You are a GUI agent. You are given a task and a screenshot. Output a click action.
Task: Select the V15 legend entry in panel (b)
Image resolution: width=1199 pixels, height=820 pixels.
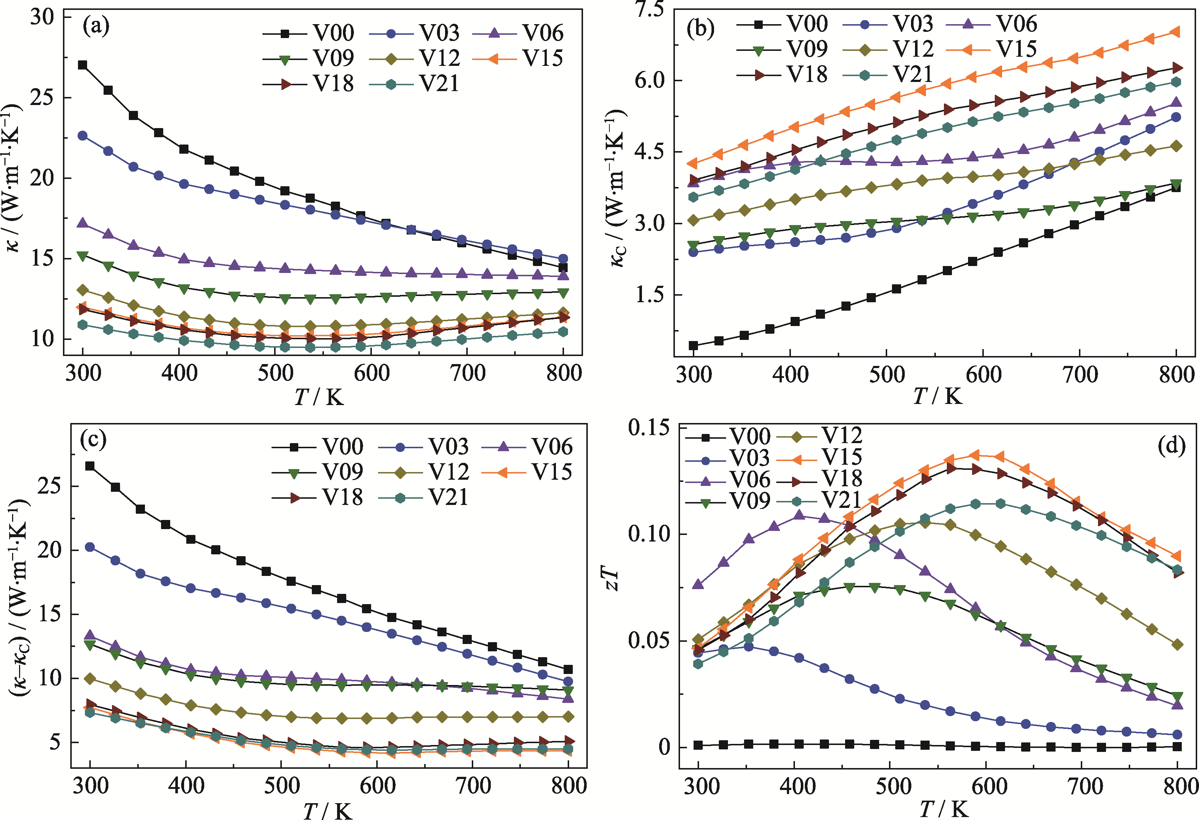point(991,49)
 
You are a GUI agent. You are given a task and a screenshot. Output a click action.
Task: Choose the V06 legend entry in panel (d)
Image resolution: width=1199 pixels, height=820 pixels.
point(728,480)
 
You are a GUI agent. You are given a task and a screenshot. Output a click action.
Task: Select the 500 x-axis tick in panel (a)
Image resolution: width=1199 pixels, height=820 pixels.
point(276,373)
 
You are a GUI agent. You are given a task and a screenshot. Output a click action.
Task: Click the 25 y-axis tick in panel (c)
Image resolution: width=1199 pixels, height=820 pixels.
point(49,486)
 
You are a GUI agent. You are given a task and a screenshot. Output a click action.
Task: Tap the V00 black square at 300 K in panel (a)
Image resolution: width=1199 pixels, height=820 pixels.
point(83,65)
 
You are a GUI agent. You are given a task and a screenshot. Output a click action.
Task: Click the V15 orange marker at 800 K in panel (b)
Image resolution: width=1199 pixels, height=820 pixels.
point(1176,32)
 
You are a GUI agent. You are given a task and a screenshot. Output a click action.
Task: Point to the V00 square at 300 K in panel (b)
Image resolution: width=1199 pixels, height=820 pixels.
point(694,345)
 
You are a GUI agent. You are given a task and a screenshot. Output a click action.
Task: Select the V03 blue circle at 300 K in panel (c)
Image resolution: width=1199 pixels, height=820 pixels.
point(90,547)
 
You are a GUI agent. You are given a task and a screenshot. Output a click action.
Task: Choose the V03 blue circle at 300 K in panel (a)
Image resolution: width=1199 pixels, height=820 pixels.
point(83,136)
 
